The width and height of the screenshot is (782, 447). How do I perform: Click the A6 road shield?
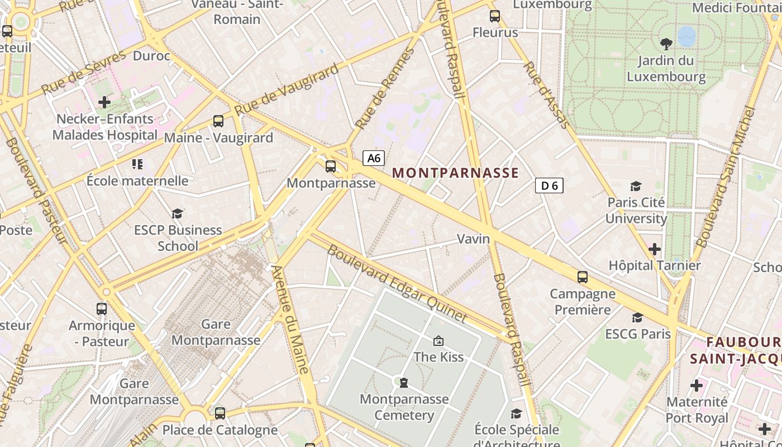click(374, 158)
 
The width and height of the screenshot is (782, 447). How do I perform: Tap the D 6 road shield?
click(549, 186)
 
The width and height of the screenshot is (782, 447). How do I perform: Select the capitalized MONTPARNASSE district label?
click(456, 173)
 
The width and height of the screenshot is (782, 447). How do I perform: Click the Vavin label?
click(473, 239)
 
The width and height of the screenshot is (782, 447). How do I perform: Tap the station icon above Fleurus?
click(494, 16)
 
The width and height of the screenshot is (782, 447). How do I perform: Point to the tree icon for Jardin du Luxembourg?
click(666, 44)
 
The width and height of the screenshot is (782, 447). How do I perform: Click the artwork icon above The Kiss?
click(438, 340)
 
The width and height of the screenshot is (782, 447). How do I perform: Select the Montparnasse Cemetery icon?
click(404, 383)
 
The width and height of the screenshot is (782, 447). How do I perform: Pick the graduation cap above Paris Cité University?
click(636, 186)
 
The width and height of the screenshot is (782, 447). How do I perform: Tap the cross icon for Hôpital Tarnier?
click(654, 249)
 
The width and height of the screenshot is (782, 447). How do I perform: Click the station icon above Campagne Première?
click(582, 277)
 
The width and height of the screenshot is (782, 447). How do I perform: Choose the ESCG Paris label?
click(638, 334)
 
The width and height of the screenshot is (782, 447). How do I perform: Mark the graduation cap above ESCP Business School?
click(177, 213)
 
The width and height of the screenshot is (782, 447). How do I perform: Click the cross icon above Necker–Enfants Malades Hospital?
click(104, 102)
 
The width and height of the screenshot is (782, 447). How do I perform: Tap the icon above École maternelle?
click(137, 164)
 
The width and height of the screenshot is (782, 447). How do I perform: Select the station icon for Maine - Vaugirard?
click(218, 121)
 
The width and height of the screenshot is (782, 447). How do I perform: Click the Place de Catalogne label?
click(220, 430)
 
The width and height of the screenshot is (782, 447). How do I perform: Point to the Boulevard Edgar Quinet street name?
click(397, 284)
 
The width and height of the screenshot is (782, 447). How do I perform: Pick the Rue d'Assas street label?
click(546, 95)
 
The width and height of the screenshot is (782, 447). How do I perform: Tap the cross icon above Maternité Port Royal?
click(696, 386)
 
